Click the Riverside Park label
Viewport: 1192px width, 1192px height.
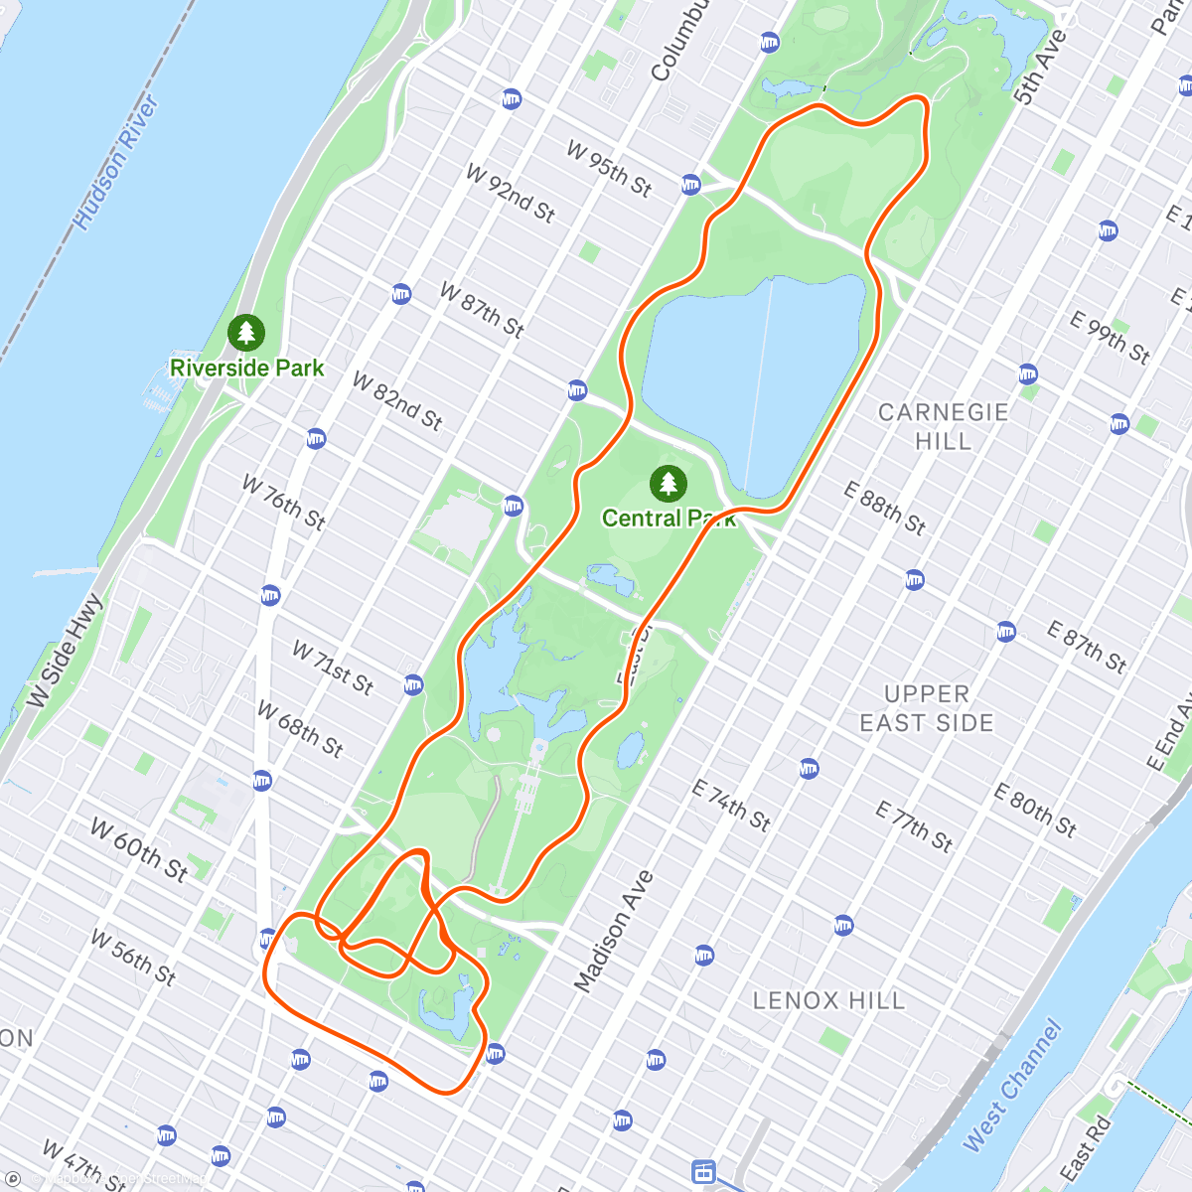click(x=247, y=368)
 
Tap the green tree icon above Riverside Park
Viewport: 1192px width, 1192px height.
click(x=245, y=333)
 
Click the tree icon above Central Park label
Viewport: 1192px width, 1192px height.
click(x=669, y=484)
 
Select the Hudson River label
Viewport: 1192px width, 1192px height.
click(x=117, y=163)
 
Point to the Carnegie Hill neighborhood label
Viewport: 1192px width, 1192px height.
click(x=943, y=426)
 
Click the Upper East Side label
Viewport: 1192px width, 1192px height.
click(x=926, y=708)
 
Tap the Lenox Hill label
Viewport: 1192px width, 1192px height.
click(x=828, y=999)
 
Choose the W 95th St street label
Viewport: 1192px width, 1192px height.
click(x=609, y=168)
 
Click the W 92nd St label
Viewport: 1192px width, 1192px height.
click(x=511, y=193)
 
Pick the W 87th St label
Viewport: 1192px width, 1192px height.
click(x=482, y=310)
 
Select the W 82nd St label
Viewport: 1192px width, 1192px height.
click(x=397, y=400)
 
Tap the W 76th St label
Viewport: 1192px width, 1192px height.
click(x=284, y=503)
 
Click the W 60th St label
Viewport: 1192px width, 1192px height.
click(x=139, y=849)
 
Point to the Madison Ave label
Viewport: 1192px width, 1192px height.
click(x=614, y=931)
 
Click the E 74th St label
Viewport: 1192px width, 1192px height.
click(x=731, y=805)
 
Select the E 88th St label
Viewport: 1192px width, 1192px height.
click(x=884, y=509)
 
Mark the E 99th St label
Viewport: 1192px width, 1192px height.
click(x=1110, y=338)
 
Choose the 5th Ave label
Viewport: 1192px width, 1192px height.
click(x=1040, y=68)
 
